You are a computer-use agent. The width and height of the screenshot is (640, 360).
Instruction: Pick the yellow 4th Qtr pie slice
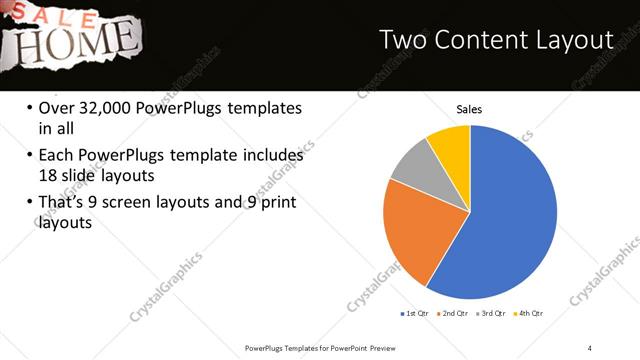coord(451,145)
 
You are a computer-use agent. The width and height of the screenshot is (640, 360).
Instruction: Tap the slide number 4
coord(590,347)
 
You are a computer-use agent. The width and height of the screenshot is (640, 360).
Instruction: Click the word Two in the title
coord(405,41)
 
